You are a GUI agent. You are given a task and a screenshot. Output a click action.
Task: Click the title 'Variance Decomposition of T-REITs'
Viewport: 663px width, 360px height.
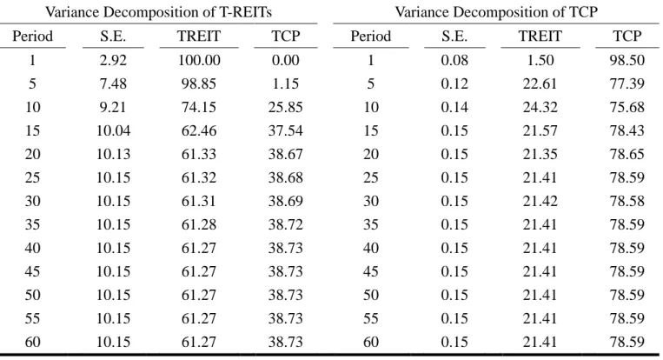158,12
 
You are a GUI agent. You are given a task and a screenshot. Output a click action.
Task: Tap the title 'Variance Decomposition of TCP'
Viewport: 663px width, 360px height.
496,12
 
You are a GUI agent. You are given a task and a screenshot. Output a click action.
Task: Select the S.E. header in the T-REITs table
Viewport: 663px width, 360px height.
113,37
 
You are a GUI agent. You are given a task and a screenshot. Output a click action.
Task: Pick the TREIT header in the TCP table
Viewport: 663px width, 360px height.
540,37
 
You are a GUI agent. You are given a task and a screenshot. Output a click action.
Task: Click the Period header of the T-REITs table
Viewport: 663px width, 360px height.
32,37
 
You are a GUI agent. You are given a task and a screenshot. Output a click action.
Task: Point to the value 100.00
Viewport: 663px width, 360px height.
199,60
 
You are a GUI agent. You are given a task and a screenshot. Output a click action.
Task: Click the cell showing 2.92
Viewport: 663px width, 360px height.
113,60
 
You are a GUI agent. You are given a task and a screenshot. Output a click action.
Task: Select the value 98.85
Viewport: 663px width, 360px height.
199,83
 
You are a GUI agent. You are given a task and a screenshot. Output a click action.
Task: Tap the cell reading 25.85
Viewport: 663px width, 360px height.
285,107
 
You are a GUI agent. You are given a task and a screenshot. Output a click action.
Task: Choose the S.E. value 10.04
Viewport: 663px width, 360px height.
113,130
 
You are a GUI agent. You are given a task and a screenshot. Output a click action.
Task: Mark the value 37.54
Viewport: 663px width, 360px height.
285,130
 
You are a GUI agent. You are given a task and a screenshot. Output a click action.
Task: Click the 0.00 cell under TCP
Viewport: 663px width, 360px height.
285,60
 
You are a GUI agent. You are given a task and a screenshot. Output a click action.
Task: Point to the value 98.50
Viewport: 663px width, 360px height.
627,60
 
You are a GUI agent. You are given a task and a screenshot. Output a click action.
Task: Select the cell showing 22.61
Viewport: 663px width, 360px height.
540,83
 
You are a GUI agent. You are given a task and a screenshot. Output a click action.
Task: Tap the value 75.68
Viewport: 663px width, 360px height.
627,107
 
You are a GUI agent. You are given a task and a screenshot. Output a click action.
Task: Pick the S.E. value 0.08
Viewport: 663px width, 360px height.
454,60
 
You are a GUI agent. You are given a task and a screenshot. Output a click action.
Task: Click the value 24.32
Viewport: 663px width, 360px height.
540,107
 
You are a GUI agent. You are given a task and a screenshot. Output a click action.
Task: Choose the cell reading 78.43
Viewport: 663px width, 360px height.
627,130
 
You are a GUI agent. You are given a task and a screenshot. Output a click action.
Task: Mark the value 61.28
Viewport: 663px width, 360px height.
199,224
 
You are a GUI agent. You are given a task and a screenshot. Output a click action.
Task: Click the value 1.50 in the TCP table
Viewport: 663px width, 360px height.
540,60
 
